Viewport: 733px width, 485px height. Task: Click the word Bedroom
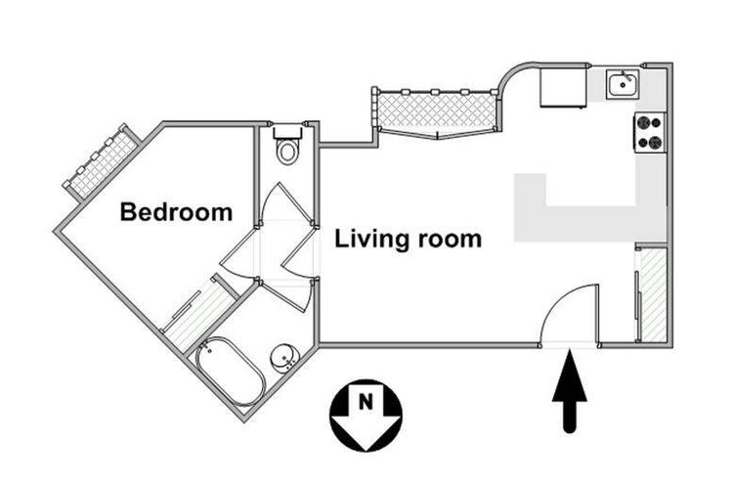[176, 212]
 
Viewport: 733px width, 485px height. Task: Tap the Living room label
[408, 239]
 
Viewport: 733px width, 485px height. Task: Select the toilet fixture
[287, 149]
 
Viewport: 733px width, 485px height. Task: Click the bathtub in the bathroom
[230, 371]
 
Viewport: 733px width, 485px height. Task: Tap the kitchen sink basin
[623, 86]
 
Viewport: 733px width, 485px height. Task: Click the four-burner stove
[650, 133]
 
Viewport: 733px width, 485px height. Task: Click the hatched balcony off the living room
[434, 110]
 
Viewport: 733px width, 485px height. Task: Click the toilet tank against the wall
[287, 131]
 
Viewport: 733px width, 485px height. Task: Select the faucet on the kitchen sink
[623, 75]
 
